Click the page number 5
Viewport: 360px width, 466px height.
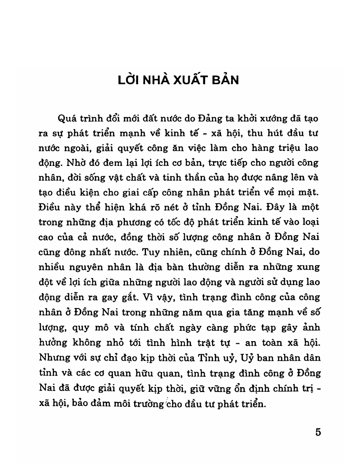tap(318, 432)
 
